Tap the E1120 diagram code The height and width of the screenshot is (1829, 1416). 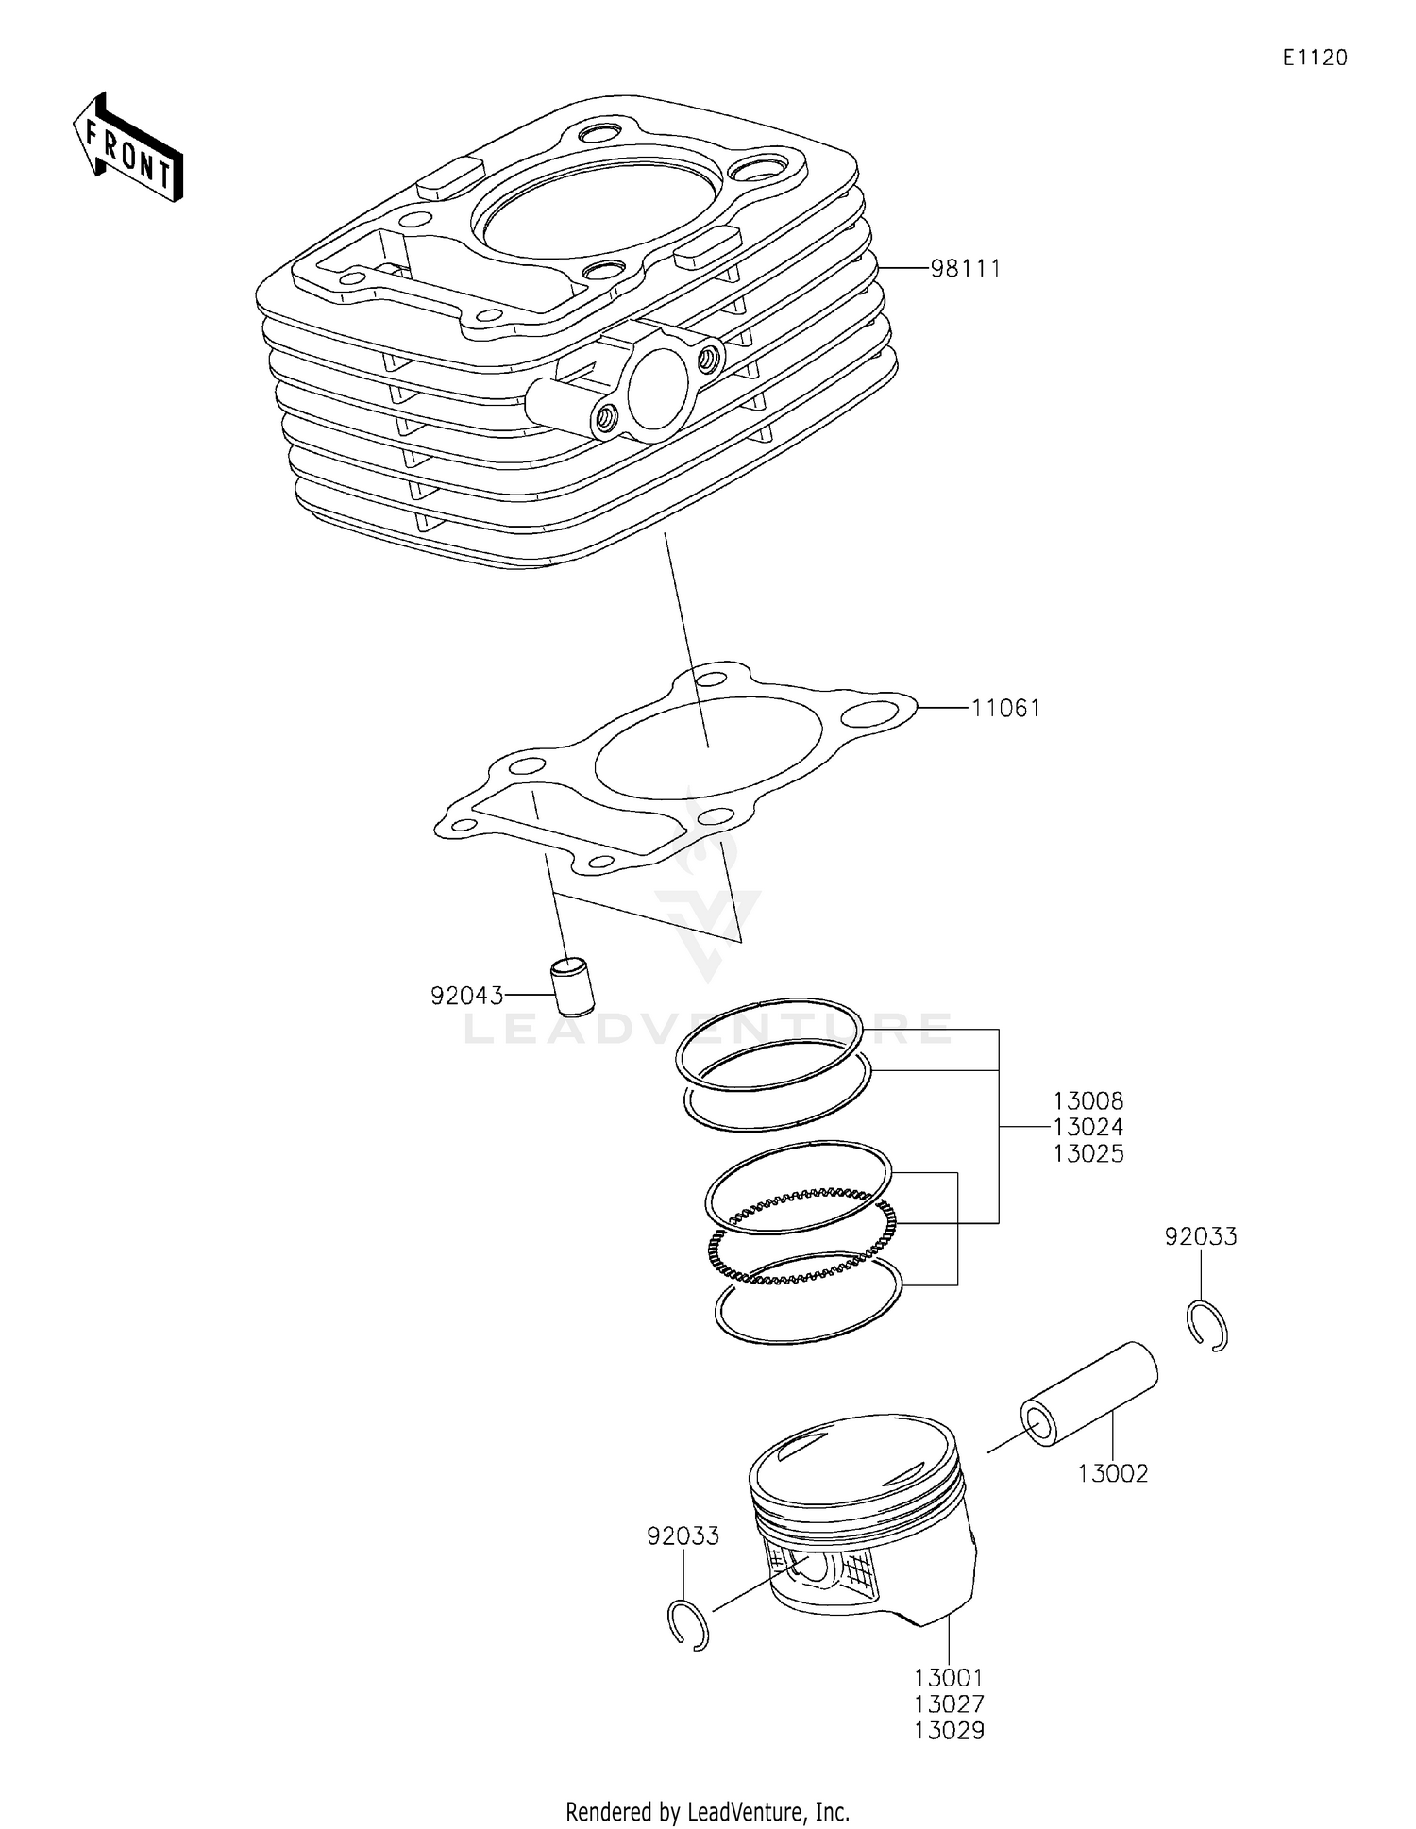coord(1314,58)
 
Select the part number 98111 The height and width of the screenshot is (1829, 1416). coord(965,269)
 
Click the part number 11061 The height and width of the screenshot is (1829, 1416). coord(1005,708)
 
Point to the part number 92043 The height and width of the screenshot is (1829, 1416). coord(466,996)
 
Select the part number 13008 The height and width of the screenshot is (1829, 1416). coord(1088,1100)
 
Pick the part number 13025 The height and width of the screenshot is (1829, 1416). coord(1088,1153)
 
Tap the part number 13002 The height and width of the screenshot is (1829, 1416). coord(1113,1473)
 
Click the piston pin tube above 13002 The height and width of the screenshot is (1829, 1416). coord(1088,1394)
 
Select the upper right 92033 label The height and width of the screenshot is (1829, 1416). coord(1200,1236)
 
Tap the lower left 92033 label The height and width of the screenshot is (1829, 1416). coord(683,1536)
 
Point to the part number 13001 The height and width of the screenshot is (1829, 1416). coord(949,1678)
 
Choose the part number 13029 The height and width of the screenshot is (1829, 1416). coord(949,1731)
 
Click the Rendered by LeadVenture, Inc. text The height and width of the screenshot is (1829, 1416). coord(707,1812)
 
